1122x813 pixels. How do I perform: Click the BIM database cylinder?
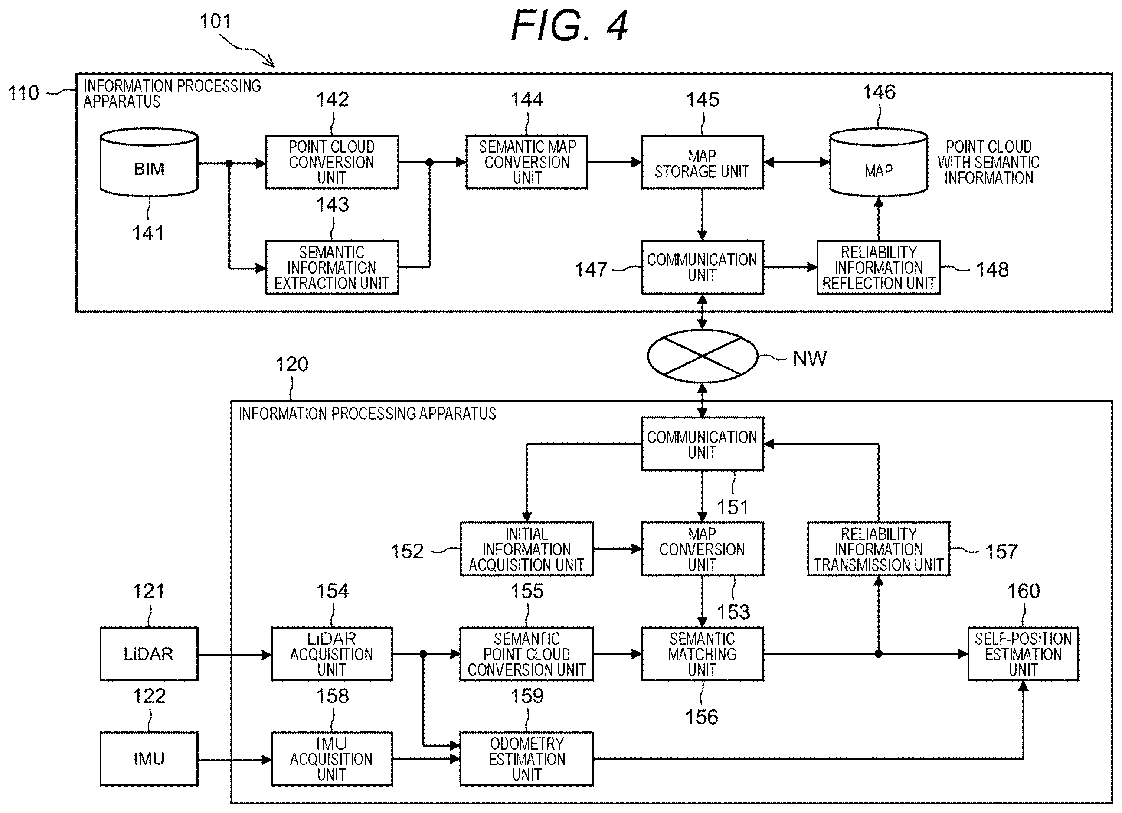149,163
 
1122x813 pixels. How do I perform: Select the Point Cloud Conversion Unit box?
332,162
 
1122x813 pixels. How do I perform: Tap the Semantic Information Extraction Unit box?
332,268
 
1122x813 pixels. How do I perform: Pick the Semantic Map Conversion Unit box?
527,162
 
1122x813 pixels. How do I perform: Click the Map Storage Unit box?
702,162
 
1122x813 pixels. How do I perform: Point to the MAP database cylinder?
878,163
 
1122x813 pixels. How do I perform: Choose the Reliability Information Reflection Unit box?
879,268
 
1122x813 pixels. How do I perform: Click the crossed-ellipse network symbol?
702,356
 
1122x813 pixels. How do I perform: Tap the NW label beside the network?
809,359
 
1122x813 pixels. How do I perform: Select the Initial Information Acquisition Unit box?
527,549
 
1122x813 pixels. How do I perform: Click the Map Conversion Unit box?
702,549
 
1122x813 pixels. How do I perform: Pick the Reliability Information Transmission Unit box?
879,549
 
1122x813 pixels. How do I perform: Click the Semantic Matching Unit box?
702,654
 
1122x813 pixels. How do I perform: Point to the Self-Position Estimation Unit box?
1023,654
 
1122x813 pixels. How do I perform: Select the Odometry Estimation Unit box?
527,759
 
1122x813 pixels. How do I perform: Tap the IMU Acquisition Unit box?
332,759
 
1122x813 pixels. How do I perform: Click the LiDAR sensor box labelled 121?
149,654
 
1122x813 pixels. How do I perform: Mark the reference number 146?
879,92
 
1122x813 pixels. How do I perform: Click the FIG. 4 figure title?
569,26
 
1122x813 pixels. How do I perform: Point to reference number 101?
216,21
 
